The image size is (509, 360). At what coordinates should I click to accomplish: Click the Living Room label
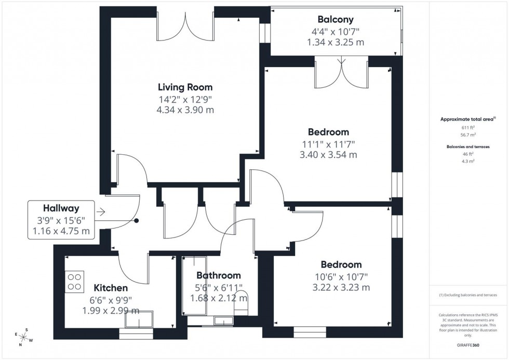(x=185, y=87)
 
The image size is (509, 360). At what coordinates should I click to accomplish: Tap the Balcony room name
(x=336, y=20)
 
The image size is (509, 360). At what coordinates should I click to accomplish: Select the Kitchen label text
(x=111, y=288)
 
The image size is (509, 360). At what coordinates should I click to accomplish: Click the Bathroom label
(x=218, y=276)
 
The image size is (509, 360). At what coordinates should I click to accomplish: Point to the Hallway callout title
(x=61, y=207)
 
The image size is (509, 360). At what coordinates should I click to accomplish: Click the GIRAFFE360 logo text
(x=468, y=344)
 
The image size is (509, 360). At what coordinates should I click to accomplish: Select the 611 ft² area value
(x=468, y=127)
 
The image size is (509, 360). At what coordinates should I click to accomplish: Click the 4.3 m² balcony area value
(x=468, y=161)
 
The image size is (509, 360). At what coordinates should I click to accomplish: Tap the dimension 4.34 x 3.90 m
(x=185, y=110)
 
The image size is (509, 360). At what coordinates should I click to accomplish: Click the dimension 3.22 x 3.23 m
(x=341, y=287)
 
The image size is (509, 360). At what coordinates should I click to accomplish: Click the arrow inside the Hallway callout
(x=101, y=212)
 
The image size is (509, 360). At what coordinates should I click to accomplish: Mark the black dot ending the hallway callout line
(x=137, y=221)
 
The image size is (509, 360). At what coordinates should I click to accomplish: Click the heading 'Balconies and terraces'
(x=468, y=146)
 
